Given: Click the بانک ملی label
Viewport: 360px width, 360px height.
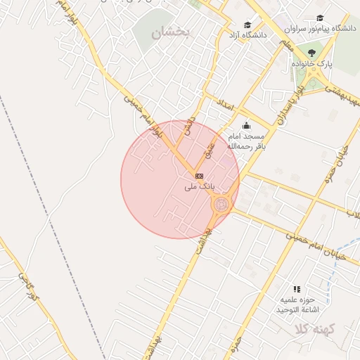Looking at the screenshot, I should click(198, 187).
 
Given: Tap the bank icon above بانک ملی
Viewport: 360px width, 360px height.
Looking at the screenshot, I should click(199, 175).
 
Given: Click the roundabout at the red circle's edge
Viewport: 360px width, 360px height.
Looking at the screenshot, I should click(221, 205).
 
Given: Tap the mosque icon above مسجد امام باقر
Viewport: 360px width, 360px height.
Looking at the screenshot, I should click(245, 126).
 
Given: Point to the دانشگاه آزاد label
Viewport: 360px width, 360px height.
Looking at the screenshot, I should click(245, 34).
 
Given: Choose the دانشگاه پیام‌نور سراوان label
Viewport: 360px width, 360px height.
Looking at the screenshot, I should click(320, 29).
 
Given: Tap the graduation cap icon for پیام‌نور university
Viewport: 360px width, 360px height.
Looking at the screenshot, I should click(321, 18).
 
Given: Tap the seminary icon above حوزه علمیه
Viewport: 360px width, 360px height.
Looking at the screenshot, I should click(297, 289).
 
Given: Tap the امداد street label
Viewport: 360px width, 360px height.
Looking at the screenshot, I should click(225, 103).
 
